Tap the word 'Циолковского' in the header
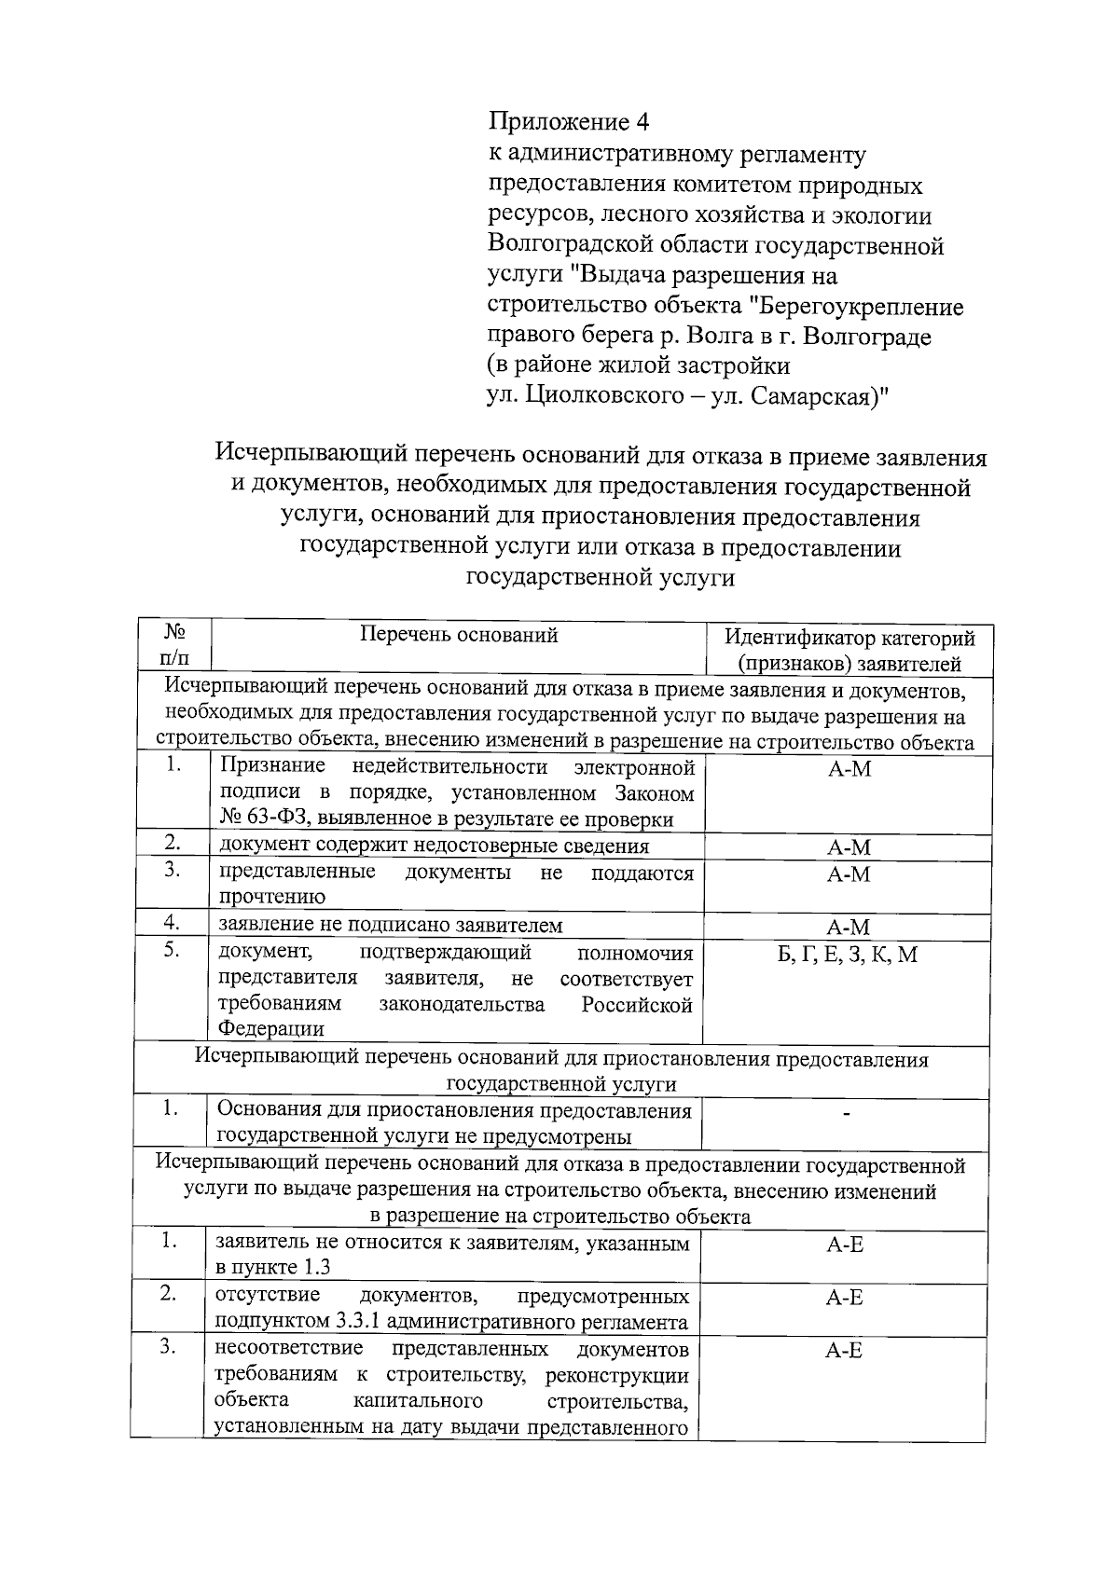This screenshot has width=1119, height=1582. point(598,396)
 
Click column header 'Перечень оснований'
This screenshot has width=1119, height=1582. point(459,636)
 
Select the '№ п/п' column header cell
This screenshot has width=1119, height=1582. point(174,645)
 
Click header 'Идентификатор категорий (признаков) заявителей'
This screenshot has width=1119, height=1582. point(850,651)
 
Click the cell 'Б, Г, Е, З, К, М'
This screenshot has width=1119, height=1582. point(848,955)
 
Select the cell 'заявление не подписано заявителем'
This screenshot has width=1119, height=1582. point(391,925)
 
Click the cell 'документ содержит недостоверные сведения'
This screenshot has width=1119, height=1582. point(434,846)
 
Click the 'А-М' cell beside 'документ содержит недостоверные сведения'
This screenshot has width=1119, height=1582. point(848,847)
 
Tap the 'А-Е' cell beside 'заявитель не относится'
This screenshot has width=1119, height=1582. point(844,1245)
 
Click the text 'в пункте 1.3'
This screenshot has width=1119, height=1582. point(272,1268)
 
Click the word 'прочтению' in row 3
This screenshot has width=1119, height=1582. point(271,898)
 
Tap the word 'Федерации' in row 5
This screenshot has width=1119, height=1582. point(270,1029)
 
